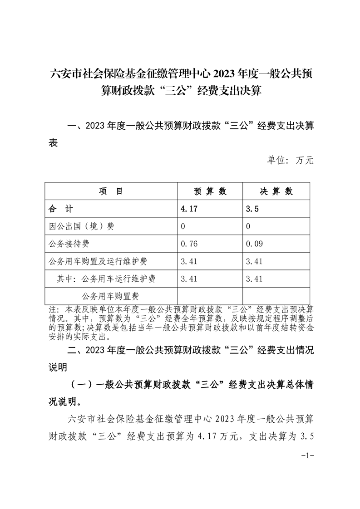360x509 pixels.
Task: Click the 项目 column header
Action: click(x=111, y=191)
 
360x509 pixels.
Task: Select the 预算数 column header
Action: click(x=210, y=191)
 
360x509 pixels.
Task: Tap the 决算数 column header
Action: click(x=276, y=191)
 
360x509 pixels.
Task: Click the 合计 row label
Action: click(x=60, y=209)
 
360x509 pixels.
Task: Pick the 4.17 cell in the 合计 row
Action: click(x=189, y=209)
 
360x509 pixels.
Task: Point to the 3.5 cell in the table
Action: click(x=252, y=209)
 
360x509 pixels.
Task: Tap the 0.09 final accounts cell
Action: click(x=254, y=244)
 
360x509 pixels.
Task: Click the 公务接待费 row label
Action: click(x=69, y=244)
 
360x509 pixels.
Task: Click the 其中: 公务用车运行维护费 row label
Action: click(x=106, y=279)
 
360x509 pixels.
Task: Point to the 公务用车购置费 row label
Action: click(x=110, y=296)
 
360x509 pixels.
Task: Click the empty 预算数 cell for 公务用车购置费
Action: click(x=210, y=296)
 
